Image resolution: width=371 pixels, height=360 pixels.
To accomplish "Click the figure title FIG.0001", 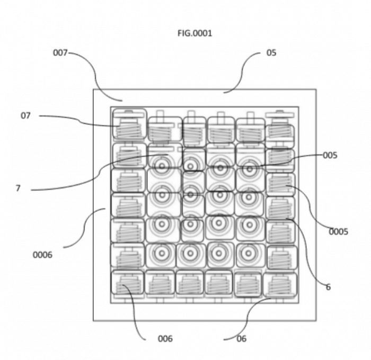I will (195, 33).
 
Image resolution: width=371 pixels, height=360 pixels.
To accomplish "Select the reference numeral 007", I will (60, 52).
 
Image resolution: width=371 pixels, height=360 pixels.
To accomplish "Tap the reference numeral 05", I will (271, 52).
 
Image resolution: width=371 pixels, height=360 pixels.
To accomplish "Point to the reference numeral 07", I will (26, 115).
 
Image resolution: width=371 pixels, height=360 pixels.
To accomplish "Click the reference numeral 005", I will (330, 155).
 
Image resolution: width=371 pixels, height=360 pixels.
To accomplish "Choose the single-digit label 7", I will (18, 188).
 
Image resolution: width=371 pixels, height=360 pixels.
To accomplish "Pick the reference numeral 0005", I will (338, 231).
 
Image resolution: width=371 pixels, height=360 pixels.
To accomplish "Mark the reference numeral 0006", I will (42, 255).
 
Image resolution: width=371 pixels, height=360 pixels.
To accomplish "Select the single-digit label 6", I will (328, 287).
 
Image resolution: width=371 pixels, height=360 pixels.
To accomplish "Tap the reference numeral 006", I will (165, 339).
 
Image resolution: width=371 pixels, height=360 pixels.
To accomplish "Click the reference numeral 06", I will (241, 339).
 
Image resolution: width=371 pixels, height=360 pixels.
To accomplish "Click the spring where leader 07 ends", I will (128, 127).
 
